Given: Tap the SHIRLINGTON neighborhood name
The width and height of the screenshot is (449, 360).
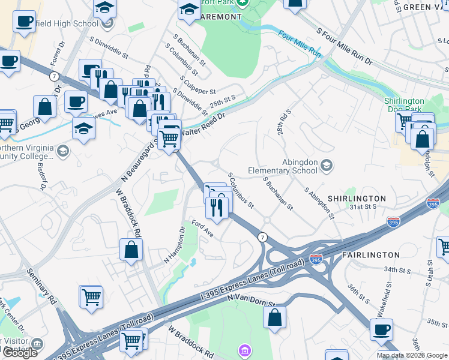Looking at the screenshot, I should [357, 198].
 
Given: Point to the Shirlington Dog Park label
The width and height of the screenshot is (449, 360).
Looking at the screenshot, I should [404, 106].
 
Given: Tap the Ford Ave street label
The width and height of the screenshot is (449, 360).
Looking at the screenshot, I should [202, 228].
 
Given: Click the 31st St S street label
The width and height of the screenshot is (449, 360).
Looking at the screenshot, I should [363, 206].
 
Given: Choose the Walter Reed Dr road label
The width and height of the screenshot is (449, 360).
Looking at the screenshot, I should [202, 125].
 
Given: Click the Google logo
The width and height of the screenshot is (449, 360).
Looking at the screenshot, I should [20, 353].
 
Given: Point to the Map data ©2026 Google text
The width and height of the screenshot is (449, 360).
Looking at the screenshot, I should [411, 355].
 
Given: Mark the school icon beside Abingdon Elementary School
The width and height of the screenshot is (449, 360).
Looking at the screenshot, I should [327, 165].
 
